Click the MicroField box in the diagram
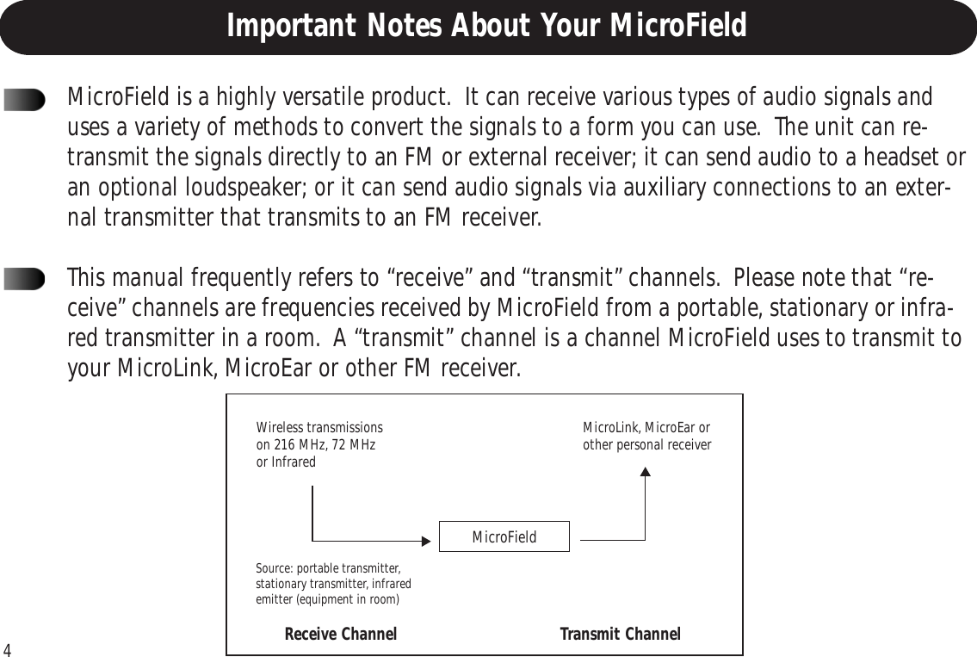tap(504, 537)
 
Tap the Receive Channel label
tap(340, 635)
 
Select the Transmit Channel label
tap(620, 635)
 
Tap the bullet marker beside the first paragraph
tap(24, 102)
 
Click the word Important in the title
tap(285, 27)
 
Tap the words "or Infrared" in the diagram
tap(286, 462)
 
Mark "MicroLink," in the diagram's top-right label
tap(610, 428)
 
